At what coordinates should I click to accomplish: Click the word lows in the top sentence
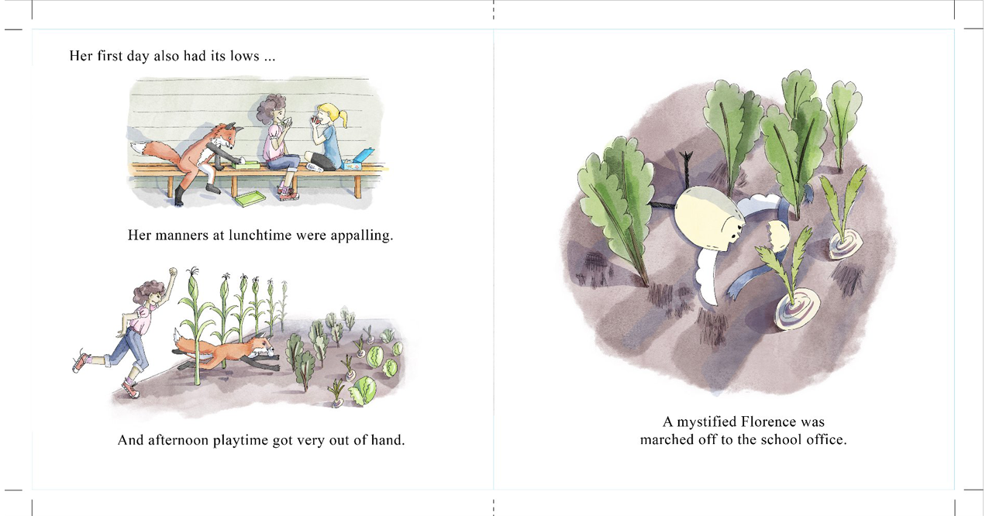tap(245, 56)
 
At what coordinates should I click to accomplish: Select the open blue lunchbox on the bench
tap(359, 160)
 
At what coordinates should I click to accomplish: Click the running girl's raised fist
tap(173, 271)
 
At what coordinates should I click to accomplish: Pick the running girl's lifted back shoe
tap(81, 360)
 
